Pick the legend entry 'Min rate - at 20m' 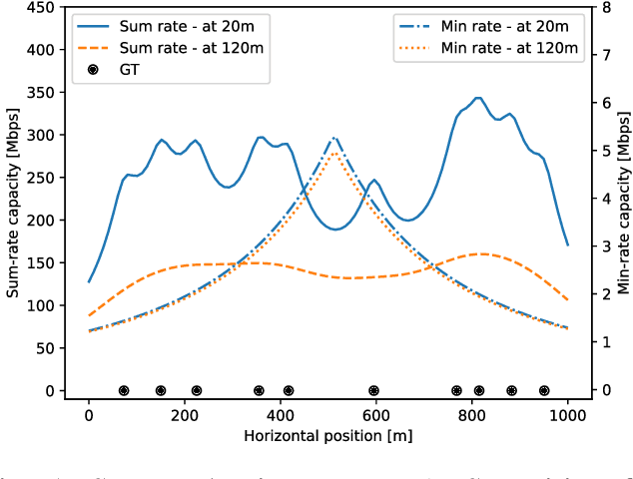pyautogui.click(x=505, y=25)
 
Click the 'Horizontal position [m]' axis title pyautogui.click(x=328, y=435)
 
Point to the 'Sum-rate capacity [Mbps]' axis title pyautogui.click(x=14, y=200)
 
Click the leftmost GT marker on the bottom pyautogui.click(x=124, y=391)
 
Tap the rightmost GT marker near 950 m pyautogui.click(x=544, y=391)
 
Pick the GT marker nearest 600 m pyautogui.click(x=373, y=391)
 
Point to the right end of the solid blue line pyautogui.click(x=568, y=244)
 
